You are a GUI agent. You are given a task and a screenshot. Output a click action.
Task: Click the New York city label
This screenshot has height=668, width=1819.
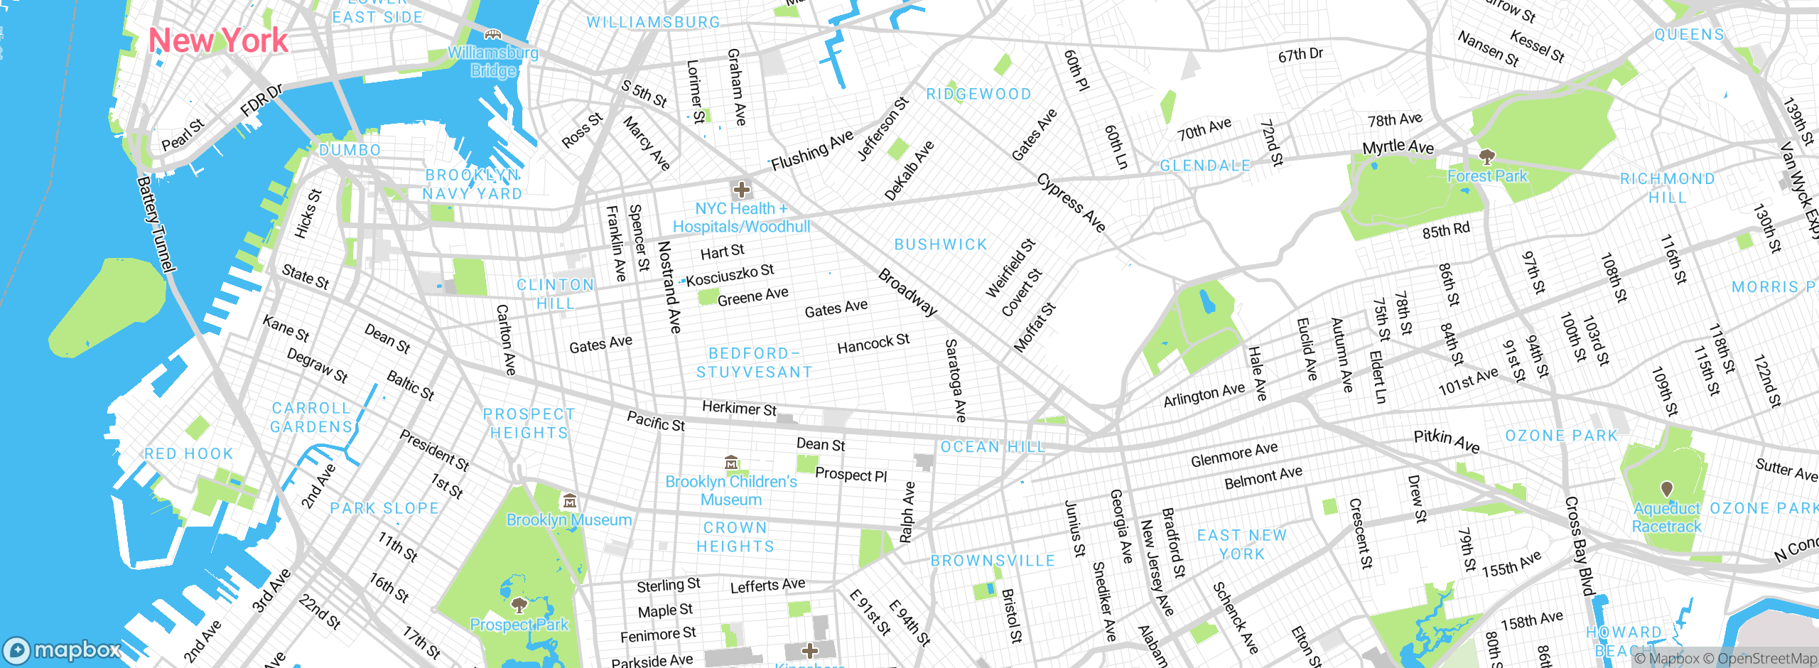(x=218, y=41)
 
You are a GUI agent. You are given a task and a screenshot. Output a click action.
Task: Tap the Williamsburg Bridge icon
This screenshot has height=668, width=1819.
(x=492, y=34)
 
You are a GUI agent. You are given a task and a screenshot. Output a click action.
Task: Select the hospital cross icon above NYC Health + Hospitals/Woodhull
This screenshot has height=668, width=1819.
(x=741, y=190)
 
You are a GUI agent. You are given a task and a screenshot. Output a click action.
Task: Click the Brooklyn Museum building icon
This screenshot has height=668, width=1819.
(x=569, y=502)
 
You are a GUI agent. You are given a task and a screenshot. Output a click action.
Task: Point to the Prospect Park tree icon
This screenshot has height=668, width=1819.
(x=519, y=605)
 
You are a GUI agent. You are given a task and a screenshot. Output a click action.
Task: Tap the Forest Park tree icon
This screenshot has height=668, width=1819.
(x=1486, y=156)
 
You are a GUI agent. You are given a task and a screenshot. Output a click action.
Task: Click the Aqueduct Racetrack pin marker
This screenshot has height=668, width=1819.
(x=1666, y=489)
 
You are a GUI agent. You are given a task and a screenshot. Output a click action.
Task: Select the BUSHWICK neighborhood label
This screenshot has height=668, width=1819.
(x=941, y=244)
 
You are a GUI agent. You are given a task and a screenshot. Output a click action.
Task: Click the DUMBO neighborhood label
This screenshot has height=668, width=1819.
(x=350, y=151)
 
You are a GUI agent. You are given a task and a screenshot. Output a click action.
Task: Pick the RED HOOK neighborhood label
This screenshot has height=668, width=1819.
(x=188, y=453)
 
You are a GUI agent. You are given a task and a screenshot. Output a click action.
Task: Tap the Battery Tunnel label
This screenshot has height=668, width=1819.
(x=156, y=225)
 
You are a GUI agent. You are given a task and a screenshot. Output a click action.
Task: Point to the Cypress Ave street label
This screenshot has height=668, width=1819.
(x=1072, y=203)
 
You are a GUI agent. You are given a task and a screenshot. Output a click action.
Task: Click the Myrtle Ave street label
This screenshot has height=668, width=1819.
(x=1398, y=147)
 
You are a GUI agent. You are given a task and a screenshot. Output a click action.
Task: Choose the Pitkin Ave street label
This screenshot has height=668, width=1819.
(x=1446, y=441)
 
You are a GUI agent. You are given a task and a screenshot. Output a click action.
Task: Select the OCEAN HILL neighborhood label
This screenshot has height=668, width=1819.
(x=993, y=447)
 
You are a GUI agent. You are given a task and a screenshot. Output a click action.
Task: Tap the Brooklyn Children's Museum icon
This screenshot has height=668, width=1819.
(x=731, y=463)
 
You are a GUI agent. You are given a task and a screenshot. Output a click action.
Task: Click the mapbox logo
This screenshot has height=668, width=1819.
(x=63, y=650)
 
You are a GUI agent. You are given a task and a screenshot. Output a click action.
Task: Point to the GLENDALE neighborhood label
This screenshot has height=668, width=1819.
(x=1205, y=166)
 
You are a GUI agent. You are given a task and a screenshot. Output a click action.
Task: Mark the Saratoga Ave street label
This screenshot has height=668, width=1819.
(x=956, y=380)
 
